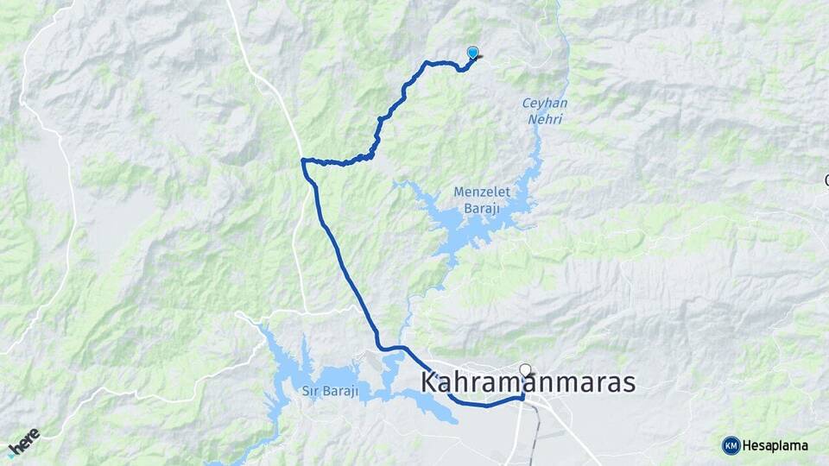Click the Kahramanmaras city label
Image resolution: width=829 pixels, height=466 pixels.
tap(528, 382)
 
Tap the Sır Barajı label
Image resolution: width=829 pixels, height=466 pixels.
tap(330, 392)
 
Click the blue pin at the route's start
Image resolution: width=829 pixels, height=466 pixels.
tap(472, 53)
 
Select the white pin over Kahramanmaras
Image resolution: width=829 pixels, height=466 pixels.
tap(525, 370)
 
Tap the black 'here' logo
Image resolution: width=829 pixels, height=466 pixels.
tap(26, 440)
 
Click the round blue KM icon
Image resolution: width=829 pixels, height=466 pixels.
tap(731, 445)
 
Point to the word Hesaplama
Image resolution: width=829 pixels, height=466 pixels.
tap(775, 445)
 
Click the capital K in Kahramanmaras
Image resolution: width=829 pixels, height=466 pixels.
tap(432, 382)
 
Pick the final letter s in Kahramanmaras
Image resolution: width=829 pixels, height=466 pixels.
tap(627, 383)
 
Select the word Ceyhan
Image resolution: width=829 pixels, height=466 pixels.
tap(543, 104)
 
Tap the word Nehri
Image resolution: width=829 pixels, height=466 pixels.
tap(544, 119)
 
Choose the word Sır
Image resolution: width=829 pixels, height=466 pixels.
tap(310, 392)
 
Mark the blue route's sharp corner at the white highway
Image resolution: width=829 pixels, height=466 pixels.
tap(303, 161)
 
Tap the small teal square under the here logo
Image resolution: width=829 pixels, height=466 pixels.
tap(12, 452)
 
